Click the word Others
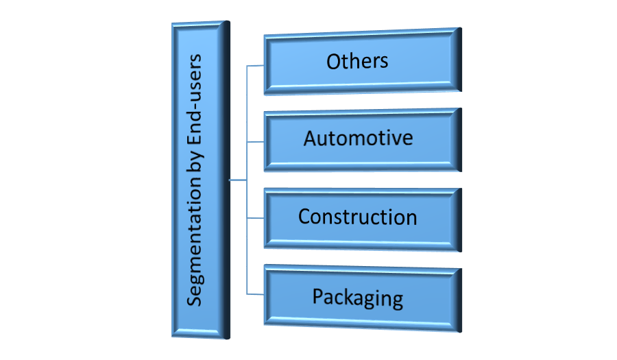(357, 60)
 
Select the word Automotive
(358, 139)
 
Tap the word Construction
(357, 217)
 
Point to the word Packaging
(357, 298)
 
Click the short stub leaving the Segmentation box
(238, 181)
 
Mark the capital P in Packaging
(318, 297)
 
